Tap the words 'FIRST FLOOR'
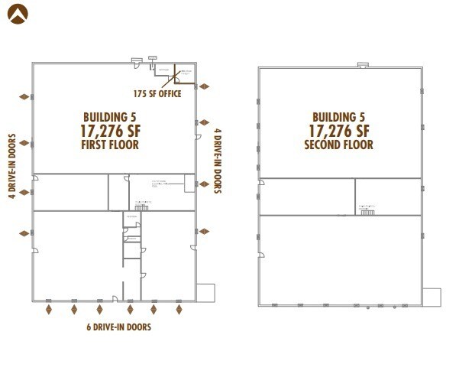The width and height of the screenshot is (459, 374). pos(110,145)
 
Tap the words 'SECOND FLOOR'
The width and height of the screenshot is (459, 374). pos(338,145)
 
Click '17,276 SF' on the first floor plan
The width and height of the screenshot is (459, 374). pos(111,130)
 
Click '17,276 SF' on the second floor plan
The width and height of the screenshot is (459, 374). pos(339,130)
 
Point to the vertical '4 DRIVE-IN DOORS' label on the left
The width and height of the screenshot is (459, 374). pos(12,166)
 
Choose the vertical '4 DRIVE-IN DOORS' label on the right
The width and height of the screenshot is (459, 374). pos(218,160)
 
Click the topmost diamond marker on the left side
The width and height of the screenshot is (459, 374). pos(24,96)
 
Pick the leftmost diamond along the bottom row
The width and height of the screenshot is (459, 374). pos(50,309)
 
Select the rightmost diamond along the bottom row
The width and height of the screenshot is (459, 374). pos(179,309)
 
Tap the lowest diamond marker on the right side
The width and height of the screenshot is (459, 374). pos(204,230)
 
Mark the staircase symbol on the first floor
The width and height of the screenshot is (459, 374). pos(141,207)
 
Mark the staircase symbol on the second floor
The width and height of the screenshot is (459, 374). pos(367,210)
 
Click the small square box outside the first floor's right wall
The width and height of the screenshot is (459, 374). pos(205,293)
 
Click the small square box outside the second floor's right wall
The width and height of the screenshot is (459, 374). pos(432,297)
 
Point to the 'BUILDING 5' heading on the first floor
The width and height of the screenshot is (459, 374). pos(110,116)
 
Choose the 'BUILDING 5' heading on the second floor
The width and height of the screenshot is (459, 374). pos(338,116)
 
